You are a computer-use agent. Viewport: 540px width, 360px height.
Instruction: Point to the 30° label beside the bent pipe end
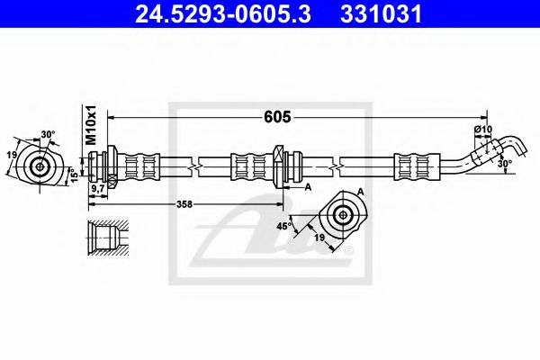click(506, 164)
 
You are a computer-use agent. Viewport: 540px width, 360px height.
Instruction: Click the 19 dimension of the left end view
click(12, 155)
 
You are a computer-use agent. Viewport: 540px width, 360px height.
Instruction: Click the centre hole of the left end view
click(40, 166)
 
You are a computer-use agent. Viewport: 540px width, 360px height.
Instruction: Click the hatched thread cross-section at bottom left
click(104, 236)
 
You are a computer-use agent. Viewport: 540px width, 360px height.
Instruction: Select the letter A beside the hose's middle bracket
click(308, 186)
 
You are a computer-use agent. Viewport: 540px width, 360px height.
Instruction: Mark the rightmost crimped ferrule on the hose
click(413, 166)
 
